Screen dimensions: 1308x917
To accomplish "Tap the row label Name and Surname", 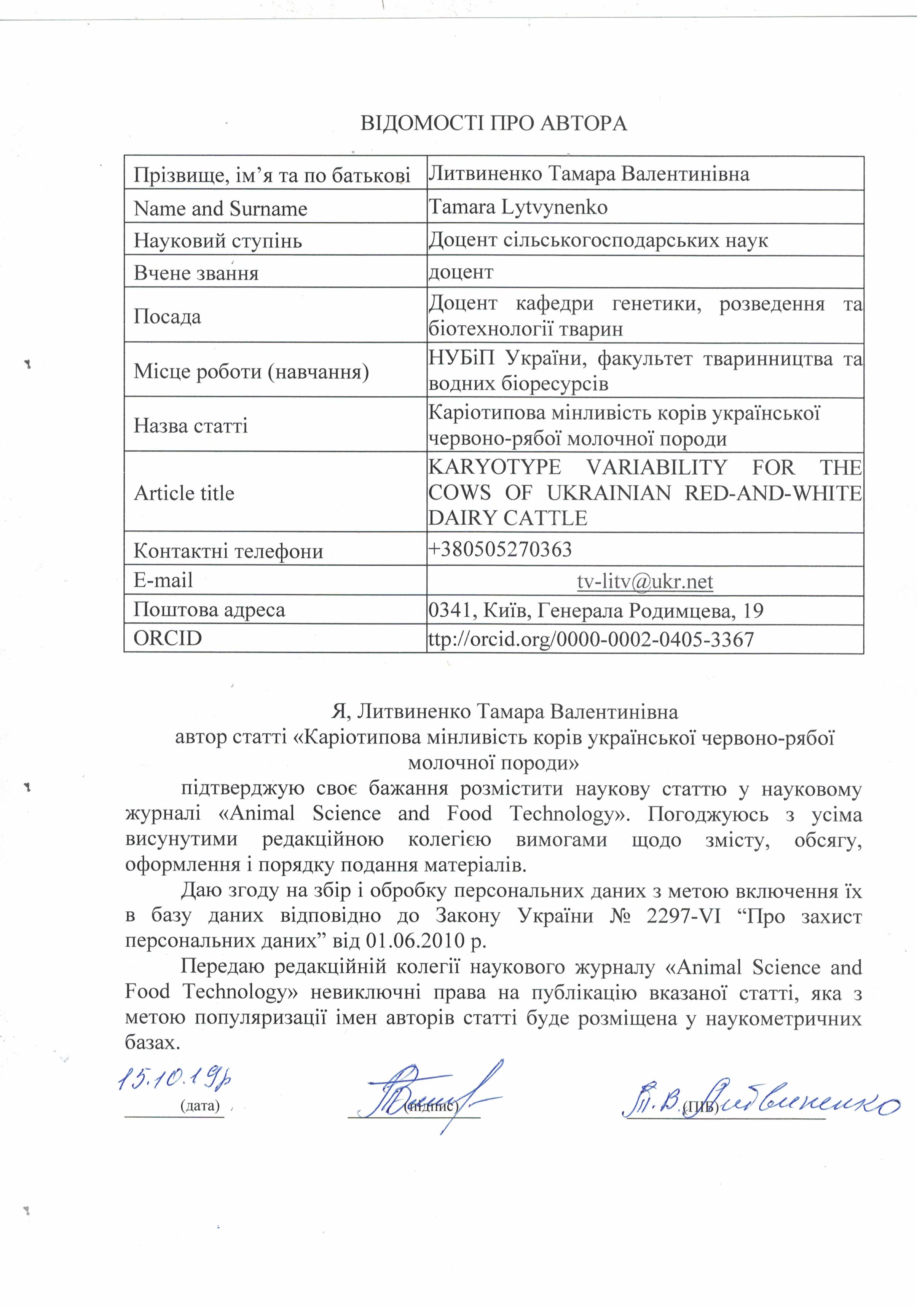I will (x=220, y=209).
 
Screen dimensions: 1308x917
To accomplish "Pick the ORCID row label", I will (x=167, y=638).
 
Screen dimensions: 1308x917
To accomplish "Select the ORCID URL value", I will (x=591, y=639).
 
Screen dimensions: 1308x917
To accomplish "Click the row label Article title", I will (x=184, y=493).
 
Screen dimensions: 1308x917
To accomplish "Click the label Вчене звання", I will (x=196, y=273).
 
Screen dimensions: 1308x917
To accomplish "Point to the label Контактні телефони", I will (x=228, y=551).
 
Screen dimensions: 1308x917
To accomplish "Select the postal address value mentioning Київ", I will (x=595, y=611).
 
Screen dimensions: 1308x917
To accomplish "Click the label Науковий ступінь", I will (x=218, y=241).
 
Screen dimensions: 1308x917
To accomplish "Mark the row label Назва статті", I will (x=190, y=426).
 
